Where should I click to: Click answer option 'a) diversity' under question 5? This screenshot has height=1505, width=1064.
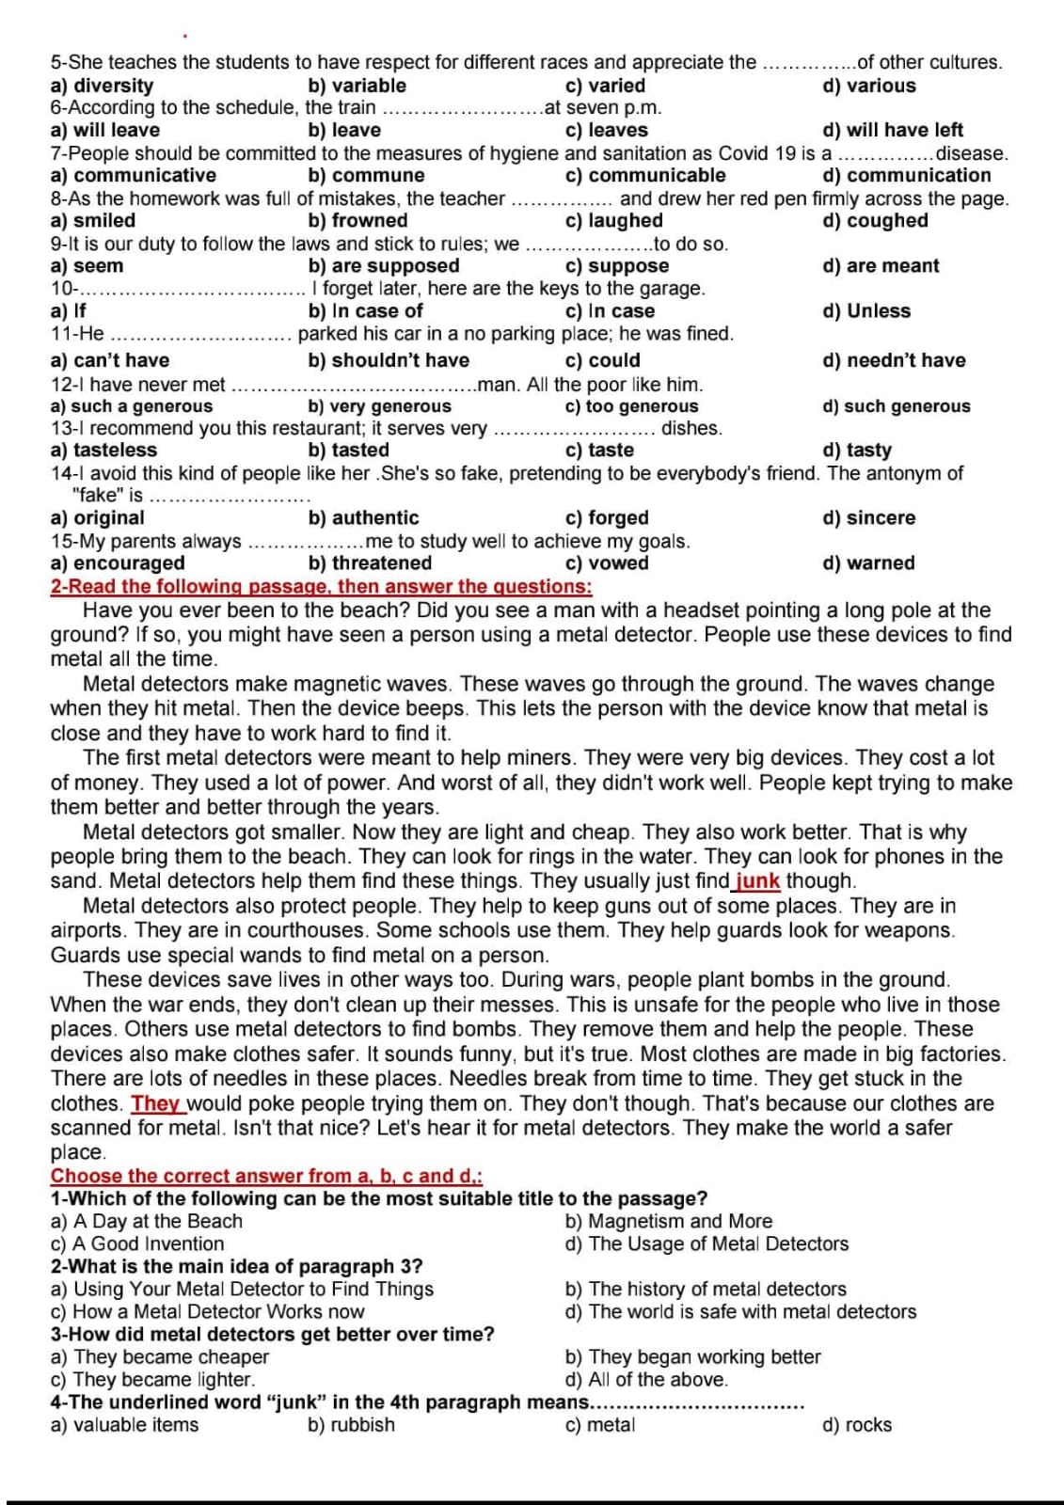click(x=101, y=86)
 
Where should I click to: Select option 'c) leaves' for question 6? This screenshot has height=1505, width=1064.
click(x=606, y=131)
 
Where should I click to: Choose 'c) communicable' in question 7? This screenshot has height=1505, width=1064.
click(x=644, y=176)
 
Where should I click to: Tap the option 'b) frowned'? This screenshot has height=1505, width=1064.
click(x=357, y=221)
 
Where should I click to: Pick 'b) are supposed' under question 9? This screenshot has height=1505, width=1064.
click(x=384, y=266)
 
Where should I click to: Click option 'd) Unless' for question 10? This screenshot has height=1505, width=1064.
click(x=866, y=311)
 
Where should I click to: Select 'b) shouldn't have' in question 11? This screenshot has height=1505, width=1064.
click(x=389, y=360)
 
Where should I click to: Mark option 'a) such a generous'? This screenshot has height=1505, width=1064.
click(x=131, y=406)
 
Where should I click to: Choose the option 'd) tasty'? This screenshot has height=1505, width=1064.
click(x=856, y=451)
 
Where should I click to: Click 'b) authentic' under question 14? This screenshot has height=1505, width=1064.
click(x=363, y=518)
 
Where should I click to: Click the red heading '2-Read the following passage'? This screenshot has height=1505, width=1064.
click(x=321, y=587)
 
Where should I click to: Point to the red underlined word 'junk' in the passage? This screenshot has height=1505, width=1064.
click(x=757, y=881)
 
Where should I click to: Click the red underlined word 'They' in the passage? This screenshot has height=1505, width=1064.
click(x=155, y=1103)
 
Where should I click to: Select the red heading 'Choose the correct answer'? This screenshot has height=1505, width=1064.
click(x=266, y=1176)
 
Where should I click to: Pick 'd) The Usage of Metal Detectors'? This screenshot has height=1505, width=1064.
click(x=707, y=1244)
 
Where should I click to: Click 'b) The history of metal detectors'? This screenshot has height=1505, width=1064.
click(x=706, y=1290)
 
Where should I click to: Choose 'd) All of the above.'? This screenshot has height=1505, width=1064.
click(x=646, y=1380)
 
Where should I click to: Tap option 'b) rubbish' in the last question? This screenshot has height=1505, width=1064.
click(x=351, y=1425)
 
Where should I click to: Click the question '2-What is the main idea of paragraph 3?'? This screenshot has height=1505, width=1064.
click(x=236, y=1267)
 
